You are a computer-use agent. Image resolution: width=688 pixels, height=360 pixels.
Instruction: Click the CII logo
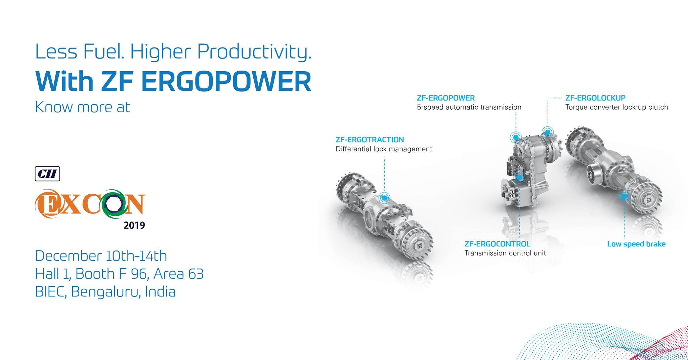pos(47,174)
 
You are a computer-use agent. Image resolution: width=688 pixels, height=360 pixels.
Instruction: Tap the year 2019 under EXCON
pos(134,225)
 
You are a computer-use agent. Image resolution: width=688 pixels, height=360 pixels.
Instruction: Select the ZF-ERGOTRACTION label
pos(370,139)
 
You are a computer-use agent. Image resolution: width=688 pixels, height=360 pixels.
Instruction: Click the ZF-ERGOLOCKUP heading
pos(595,98)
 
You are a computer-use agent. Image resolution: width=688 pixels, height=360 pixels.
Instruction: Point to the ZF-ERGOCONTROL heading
pos(497,244)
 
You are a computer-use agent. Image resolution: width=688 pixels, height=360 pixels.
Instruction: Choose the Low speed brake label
pos(636,244)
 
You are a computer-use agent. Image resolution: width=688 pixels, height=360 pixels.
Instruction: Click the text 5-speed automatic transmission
pos(469,107)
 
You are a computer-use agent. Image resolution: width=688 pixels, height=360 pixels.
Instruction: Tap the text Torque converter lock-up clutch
pos(616,107)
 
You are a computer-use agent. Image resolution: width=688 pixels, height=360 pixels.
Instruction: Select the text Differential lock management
pos(384,149)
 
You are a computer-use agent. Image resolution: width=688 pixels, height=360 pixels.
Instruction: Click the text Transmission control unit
pos(505,253)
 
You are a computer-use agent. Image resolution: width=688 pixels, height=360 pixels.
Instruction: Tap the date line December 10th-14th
pos(101,256)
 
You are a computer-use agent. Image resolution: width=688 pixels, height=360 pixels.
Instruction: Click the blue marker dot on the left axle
pos(384,198)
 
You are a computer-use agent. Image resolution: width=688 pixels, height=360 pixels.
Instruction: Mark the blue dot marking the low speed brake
pos(624,196)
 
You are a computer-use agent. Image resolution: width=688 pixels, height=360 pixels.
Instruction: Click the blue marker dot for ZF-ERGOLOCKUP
pos(548,132)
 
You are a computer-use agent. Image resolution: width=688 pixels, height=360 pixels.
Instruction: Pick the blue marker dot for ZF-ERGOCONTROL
pos(519,177)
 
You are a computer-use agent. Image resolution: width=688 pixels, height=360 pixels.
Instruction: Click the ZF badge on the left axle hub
pos(420,246)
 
